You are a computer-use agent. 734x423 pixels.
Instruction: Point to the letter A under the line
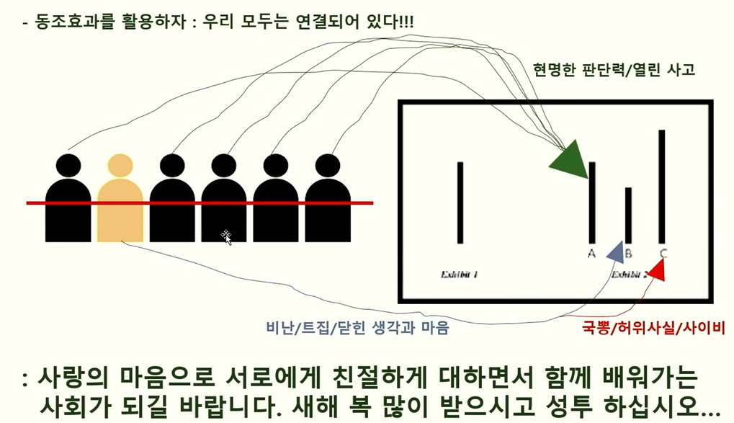click(591, 254)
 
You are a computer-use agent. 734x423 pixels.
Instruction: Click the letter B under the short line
click(628, 254)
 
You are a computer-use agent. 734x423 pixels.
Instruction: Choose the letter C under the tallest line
click(663, 254)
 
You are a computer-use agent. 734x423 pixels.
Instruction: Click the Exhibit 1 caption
click(459, 275)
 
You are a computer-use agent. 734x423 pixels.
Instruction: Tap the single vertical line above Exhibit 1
click(460, 202)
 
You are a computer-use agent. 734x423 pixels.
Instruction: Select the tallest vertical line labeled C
click(661, 186)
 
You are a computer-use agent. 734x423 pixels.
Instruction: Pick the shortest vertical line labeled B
click(628, 215)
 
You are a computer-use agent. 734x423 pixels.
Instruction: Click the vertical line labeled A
click(592, 202)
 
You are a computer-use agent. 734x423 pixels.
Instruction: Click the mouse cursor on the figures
click(226, 236)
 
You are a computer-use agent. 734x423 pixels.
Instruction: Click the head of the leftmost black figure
click(68, 166)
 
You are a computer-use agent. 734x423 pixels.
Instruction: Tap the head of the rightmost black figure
click(328, 166)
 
